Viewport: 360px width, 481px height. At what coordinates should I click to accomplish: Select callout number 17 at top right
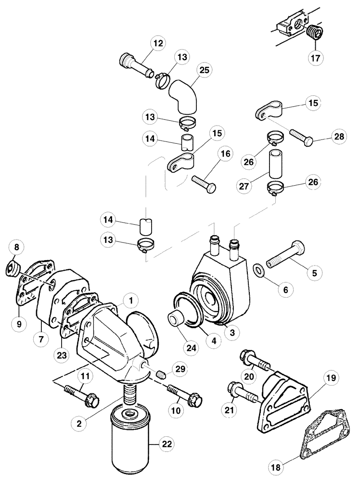(x=316, y=58)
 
